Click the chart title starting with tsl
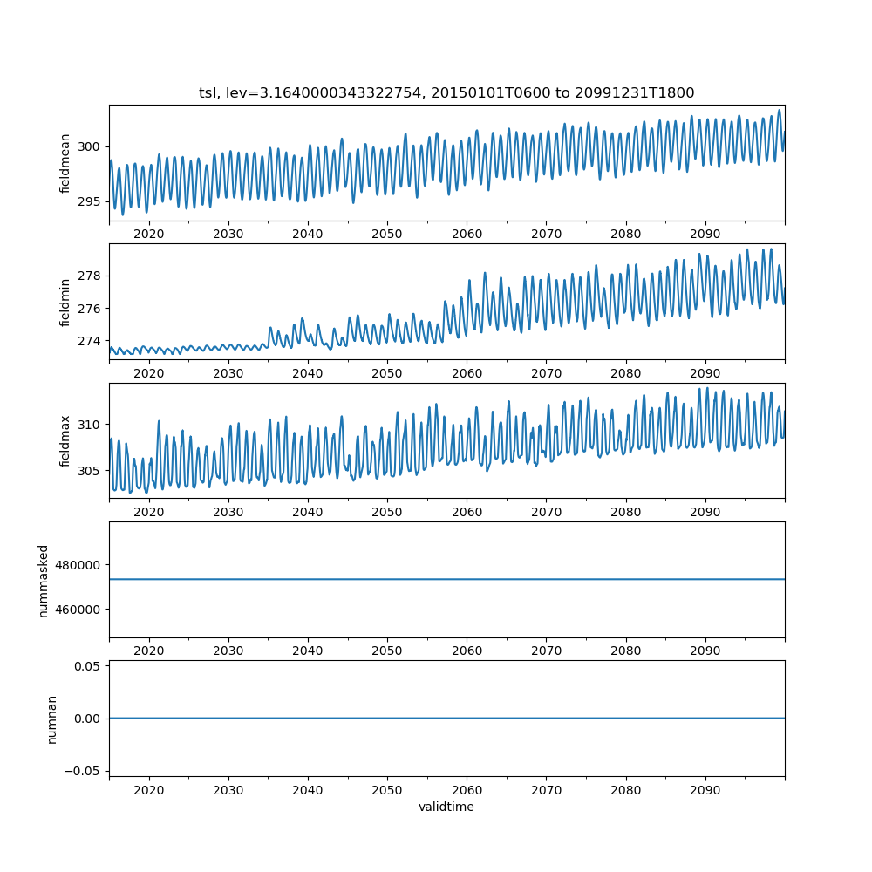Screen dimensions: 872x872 point(446,92)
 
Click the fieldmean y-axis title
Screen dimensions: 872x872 point(65,163)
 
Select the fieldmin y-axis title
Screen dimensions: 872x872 point(65,302)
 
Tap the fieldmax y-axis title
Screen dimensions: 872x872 point(65,440)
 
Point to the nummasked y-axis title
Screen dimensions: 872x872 point(43,580)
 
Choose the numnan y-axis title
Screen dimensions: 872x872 point(51,719)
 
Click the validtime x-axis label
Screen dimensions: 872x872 point(446,807)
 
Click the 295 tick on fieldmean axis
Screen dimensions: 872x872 point(91,201)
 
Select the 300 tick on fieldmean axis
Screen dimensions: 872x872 point(91,146)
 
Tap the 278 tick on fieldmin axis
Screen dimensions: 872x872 point(91,276)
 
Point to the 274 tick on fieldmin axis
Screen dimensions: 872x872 point(91,341)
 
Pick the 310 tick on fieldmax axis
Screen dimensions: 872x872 point(91,425)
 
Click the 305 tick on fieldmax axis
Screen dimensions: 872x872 point(91,471)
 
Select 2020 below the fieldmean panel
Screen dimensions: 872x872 point(149,235)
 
